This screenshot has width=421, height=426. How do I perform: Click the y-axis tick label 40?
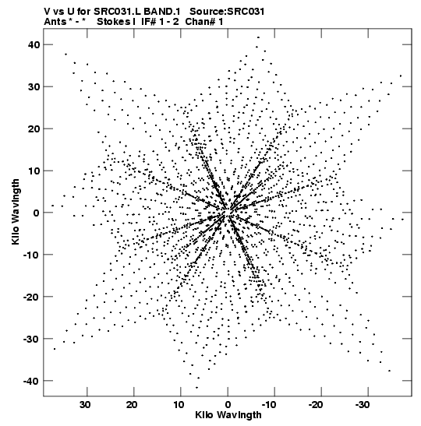point(34,44)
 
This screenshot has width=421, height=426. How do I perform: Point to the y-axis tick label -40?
point(31,381)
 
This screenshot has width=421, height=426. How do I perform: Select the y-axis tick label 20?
point(34,129)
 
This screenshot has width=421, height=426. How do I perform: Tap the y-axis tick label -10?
point(31,255)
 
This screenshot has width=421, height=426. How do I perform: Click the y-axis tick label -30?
point(31,339)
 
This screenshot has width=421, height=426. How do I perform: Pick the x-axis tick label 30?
point(85,405)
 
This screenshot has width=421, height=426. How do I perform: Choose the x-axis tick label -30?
point(362,405)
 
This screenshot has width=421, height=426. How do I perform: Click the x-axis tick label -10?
point(269,405)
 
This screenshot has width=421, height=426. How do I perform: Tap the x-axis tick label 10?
point(179,405)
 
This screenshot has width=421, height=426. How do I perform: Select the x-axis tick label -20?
point(316,405)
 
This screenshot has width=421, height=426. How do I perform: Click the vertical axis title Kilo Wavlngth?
point(16,212)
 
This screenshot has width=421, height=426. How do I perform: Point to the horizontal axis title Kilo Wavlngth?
point(228,415)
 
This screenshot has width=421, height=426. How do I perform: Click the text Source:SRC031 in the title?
point(227,12)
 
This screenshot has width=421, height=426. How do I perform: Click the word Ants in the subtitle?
point(55,22)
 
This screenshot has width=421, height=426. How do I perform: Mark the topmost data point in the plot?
point(258,37)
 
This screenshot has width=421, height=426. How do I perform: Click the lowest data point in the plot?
point(197,387)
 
